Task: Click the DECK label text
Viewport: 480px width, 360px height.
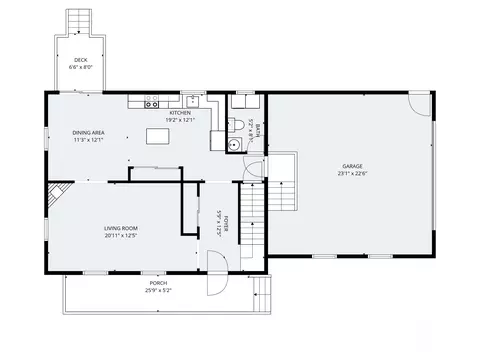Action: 79,60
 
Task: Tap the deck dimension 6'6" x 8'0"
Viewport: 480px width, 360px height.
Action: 79,67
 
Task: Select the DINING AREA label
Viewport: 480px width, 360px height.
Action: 88,132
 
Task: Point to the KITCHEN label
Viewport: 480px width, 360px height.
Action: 180,113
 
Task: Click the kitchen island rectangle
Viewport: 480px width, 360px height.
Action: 157,135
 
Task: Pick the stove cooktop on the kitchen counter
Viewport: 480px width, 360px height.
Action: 153,101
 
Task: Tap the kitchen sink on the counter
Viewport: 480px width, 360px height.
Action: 189,100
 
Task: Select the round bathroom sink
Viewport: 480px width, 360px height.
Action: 234,144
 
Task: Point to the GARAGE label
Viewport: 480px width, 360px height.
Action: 352,165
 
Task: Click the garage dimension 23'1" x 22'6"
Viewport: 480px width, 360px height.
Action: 352,173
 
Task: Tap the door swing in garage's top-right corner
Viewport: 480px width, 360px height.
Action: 420,103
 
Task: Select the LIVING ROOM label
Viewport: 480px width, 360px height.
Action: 120,228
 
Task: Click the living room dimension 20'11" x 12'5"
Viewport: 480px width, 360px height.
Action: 120,236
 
